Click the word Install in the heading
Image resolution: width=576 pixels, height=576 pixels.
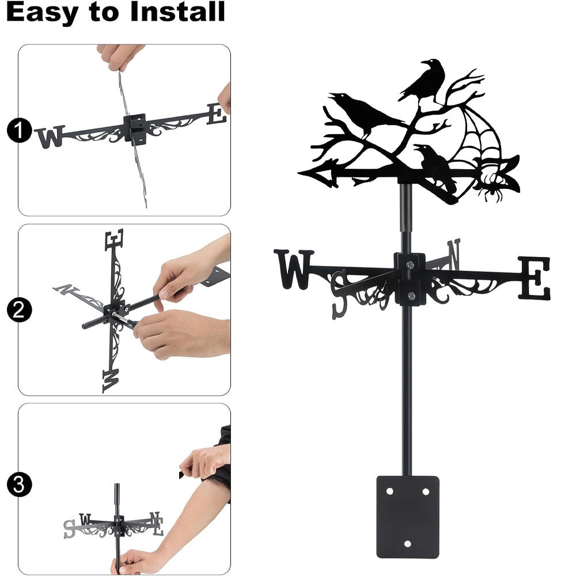pyautogui.click(x=177, y=12)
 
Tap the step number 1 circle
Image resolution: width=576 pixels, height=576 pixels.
pyautogui.click(x=19, y=130)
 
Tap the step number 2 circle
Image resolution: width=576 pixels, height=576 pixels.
pyautogui.click(x=19, y=310)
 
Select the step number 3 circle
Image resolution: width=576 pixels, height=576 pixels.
pyautogui.click(x=19, y=484)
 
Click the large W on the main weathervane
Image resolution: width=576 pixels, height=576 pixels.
pyautogui.click(x=294, y=269)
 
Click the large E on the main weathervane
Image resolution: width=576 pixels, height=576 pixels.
pyautogui.click(x=535, y=278)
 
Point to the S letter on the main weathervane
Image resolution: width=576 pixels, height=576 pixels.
pyautogui.click(x=339, y=294)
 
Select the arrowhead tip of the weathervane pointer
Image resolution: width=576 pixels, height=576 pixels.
pyautogui.click(x=298, y=172)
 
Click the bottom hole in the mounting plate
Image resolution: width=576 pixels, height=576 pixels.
pyautogui.click(x=407, y=543)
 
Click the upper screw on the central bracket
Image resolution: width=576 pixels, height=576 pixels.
pyautogui.click(x=410, y=264)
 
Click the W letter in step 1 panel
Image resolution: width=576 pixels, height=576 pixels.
pyautogui.click(x=50, y=137)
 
